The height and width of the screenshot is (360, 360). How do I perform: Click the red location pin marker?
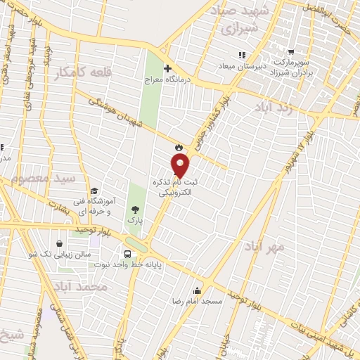[181, 166]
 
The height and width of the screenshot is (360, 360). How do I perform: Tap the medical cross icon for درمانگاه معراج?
[167, 69]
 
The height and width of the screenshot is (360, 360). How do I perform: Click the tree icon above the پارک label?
[134, 210]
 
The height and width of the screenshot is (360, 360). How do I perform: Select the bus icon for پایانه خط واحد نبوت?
[127, 254]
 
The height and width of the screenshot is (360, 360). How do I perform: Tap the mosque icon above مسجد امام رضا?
[198, 291]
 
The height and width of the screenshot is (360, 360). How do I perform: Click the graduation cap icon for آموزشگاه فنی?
[94, 190]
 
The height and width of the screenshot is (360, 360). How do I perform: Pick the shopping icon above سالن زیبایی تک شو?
[69, 244]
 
